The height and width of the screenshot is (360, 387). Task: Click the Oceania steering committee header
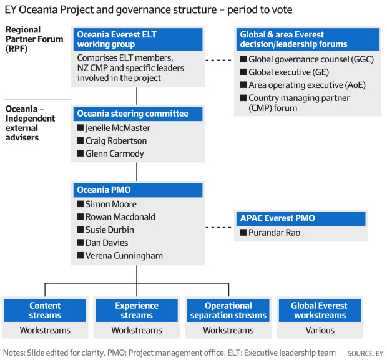138,114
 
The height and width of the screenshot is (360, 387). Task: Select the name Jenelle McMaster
118,128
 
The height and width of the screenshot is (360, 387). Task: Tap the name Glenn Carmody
114,153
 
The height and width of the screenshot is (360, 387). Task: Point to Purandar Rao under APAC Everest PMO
274,233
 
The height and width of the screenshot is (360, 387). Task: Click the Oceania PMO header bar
138,190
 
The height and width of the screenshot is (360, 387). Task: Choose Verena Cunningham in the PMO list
124,256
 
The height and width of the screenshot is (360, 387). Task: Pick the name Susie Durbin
110,230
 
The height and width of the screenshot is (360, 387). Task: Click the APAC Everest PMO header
301,218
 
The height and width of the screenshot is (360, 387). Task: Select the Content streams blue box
45,311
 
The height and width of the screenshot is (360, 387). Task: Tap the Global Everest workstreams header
320,311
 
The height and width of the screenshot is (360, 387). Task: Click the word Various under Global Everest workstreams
320,330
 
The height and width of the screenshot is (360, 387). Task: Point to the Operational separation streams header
228,311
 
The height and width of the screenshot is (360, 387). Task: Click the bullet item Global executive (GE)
289,72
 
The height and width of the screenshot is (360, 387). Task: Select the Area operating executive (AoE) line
307,85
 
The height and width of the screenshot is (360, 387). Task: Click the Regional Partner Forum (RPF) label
34,39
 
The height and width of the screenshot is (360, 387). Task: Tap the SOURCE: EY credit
365,353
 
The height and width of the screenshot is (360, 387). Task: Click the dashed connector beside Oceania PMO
218,227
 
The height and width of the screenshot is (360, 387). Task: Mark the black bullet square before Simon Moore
81,204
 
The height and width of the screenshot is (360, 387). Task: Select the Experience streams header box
137,311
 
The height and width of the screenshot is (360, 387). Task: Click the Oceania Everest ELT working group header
138,39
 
